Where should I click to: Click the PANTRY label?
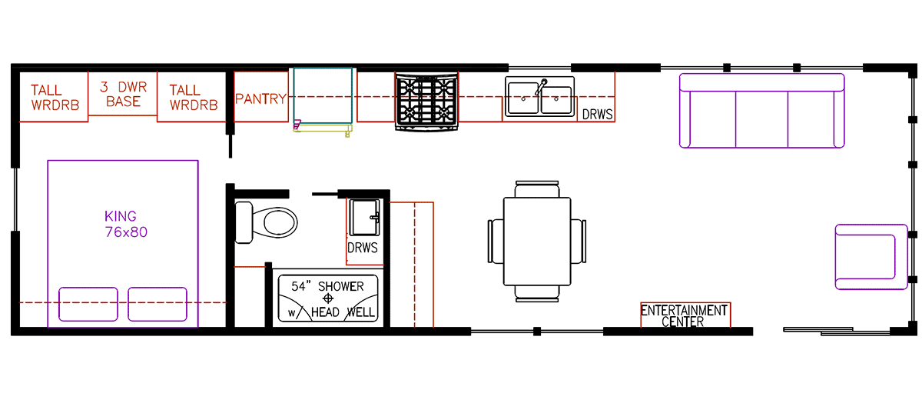[x=260, y=99]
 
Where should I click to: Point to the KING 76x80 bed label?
[x=125, y=224]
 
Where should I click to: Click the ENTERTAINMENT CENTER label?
[x=684, y=315]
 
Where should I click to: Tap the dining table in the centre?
[x=537, y=240]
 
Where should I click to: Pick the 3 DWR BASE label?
[x=123, y=94]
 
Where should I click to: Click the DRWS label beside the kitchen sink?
[x=597, y=114]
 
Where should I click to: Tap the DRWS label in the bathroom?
[x=363, y=248]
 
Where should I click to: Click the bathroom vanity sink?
[x=364, y=218]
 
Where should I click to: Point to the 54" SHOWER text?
[x=327, y=286]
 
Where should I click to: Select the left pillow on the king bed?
[x=89, y=305]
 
